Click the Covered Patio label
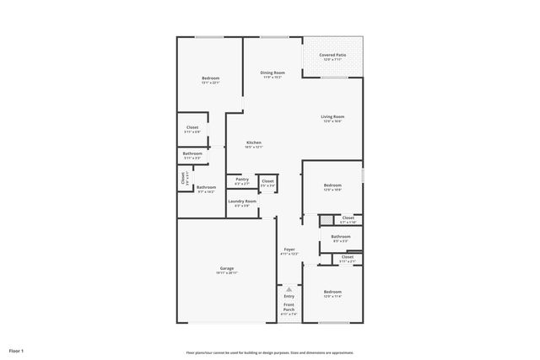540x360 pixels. pyautogui.click(x=332, y=56)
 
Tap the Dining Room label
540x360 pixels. pyautogui.click(x=273, y=73)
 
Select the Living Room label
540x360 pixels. pyautogui.click(x=332, y=117)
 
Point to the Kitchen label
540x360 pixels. pyautogui.click(x=254, y=143)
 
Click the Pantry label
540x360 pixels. pyautogui.click(x=242, y=180)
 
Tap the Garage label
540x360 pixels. pyautogui.click(x=227, y=268)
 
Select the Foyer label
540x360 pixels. pyautogui.click(x=289, y=250)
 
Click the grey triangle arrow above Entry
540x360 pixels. pyautogui.click(x=289, y=289)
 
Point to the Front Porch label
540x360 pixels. pyautogui.click(x=289, y=307)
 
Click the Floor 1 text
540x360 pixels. pyautogui.click(x=17, y=350)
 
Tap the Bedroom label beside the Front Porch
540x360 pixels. pyautogui.click(x=332, y=292)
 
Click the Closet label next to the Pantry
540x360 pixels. pyautogui.click(x=267, y=180)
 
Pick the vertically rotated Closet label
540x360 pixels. pyautogui.click(x=182, y=179)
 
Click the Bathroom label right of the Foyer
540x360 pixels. pyautogui.click(x=341, y=237)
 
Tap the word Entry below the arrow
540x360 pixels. pyautogui.click(x=289, y=297)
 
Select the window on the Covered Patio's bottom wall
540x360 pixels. pyautogui.click(x=334, y=78)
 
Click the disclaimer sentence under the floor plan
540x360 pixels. pyautogui.click(x=270, y=352)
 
